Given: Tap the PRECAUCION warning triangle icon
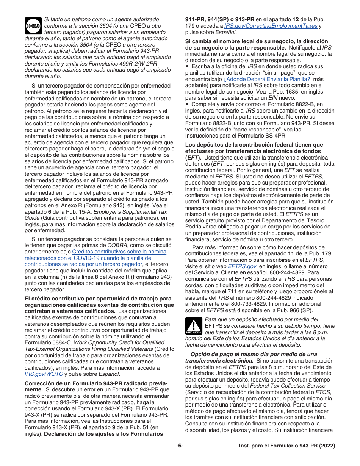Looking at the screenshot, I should pyautogui.click(x=194, y=326).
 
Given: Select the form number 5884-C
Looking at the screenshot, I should pyautogui.click(x=62, y=342).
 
